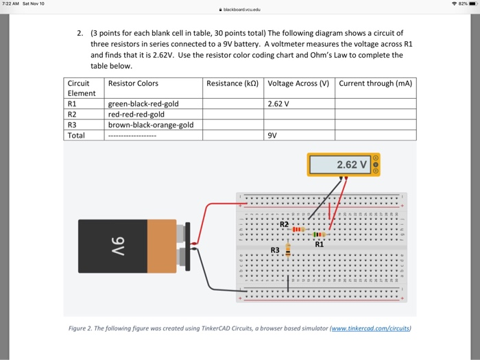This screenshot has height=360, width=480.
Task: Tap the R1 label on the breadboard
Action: tap(319, 243)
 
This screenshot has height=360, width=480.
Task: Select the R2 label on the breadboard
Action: tap(284, 224)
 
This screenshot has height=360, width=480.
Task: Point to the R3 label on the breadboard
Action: tap(275, 251)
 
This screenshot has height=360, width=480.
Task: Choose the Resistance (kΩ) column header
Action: tap(234, 84)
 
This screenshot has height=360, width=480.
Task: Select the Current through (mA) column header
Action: tap(375, 84)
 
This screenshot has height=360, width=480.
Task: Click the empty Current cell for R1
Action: tap(375, 104)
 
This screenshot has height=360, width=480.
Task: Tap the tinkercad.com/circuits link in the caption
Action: tap(370, 328)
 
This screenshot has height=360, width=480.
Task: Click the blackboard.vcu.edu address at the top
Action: tap(240, 10)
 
